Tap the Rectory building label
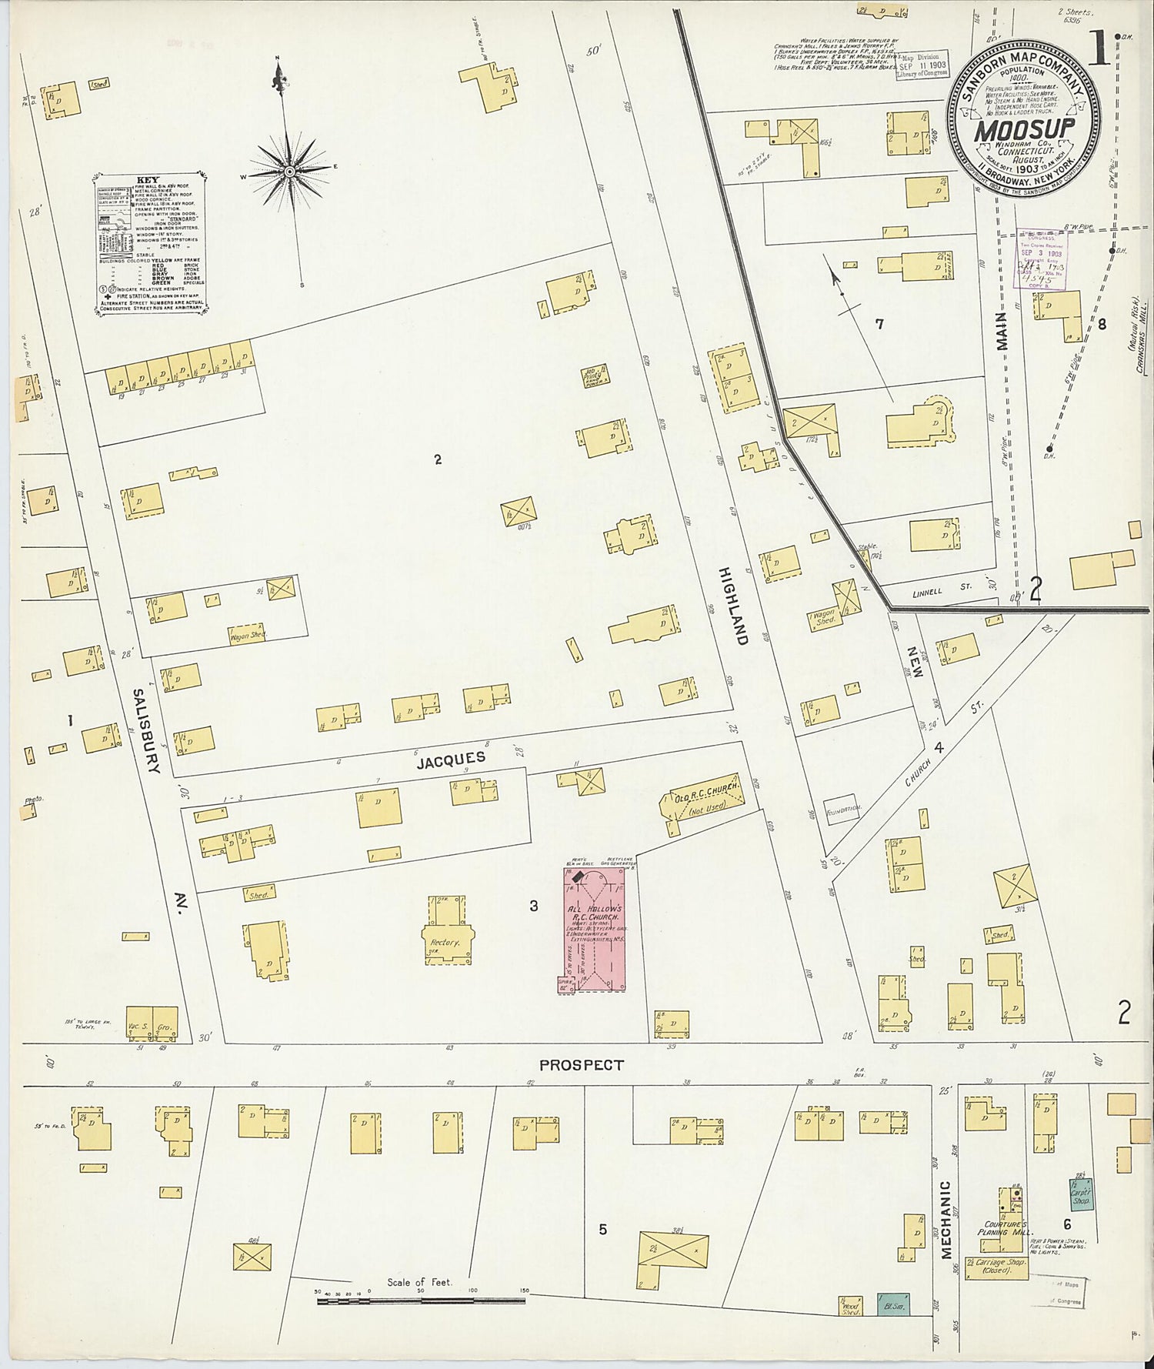point(445,942)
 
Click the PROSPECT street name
point(581,1065)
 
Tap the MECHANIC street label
point(946,1230)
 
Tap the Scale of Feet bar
point(421,1300)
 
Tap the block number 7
point(879,324)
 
